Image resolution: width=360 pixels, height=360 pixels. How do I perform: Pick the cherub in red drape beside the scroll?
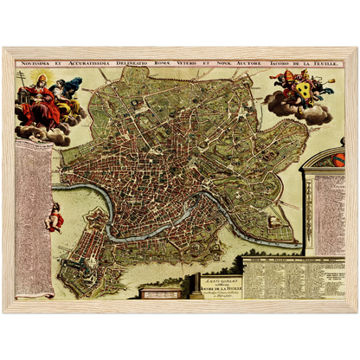click(55, 216)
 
